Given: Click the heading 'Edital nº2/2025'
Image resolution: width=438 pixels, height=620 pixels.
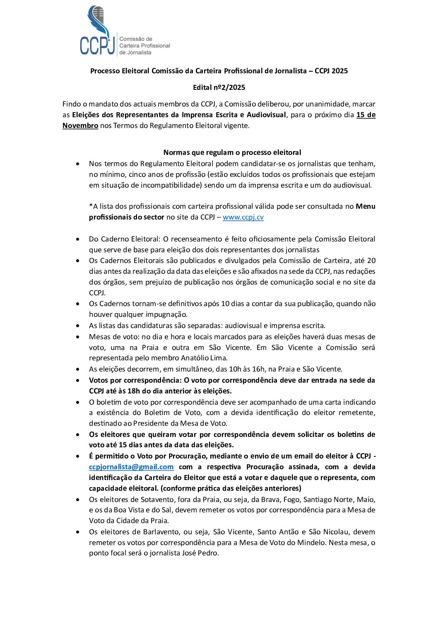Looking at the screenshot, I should [x=219, y=87].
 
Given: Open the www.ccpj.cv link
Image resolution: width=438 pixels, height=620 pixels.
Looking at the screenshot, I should [x=243, y=217].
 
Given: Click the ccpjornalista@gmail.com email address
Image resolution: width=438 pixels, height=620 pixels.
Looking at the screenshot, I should [x=131, y=467].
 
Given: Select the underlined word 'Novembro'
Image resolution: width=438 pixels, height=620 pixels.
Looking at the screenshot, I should [x=80, y=125].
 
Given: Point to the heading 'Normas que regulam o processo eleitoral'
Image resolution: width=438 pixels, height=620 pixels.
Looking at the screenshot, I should [x=232, y=152].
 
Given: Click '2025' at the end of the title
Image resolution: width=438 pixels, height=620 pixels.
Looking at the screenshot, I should [x=339, y=71].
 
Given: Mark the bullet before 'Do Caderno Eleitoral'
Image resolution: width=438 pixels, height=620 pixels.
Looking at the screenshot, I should [x=78, y=239].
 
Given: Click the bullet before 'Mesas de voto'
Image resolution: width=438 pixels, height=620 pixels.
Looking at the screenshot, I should [x=78, y=337].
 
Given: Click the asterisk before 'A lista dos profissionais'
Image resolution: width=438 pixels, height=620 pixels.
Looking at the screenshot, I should [x=91, y=206].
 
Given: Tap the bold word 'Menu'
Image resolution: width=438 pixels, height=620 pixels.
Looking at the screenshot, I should [x=366, y=206].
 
